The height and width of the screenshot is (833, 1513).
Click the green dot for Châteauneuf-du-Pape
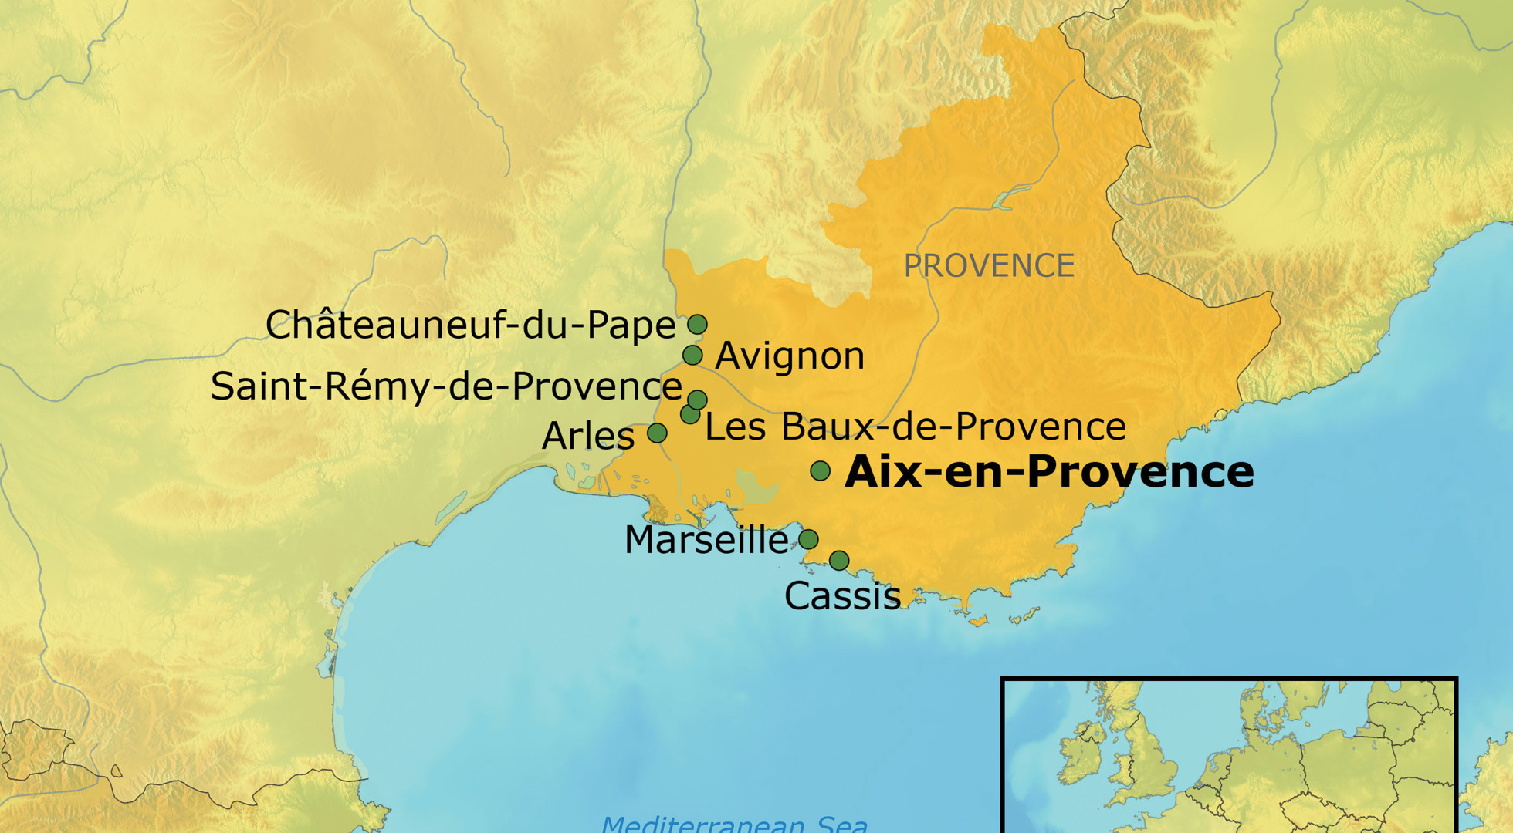click(697, 324)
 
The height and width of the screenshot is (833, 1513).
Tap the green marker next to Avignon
click(692, 355)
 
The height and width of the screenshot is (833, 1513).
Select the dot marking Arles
click(657, 433)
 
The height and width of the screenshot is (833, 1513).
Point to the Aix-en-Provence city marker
click(821, 470)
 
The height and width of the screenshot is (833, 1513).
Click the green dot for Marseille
click(808, 539)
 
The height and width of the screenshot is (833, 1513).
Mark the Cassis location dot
click(839, 560)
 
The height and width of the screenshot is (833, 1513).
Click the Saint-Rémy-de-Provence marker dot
click(698, 399)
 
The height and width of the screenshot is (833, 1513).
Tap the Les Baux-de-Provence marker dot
click(689, 414)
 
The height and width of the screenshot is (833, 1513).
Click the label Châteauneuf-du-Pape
click(470, 325)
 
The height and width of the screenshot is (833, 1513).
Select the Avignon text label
click(790, 356)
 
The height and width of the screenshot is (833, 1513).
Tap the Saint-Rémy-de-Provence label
click(446, 386)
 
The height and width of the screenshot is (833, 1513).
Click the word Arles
click(588, 437)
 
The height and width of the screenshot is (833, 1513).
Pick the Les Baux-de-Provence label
click(916, 427)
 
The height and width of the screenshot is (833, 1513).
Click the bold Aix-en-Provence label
click(1049, 472)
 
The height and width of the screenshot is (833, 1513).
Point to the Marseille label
click(706, 540)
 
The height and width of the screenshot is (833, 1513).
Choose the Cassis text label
click(842, 596)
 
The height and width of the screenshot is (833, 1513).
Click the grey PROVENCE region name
click(989, 266)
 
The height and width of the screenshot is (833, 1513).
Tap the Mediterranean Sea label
click(734, 824)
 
